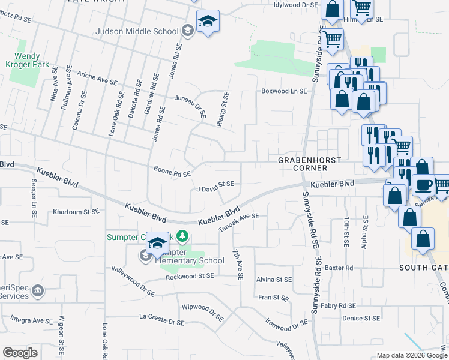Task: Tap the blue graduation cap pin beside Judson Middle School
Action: [208, 22]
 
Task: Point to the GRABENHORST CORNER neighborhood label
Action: [309, 164]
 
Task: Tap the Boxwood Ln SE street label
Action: [283, 91]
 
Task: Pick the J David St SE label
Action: [219, 186]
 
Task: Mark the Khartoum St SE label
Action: [76, 212]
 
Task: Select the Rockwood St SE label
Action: [190, 276]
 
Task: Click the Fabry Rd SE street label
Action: [354, 305]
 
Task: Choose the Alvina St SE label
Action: [274, 280]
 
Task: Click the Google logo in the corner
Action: [20, 353]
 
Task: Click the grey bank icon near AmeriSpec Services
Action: [38, 291]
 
